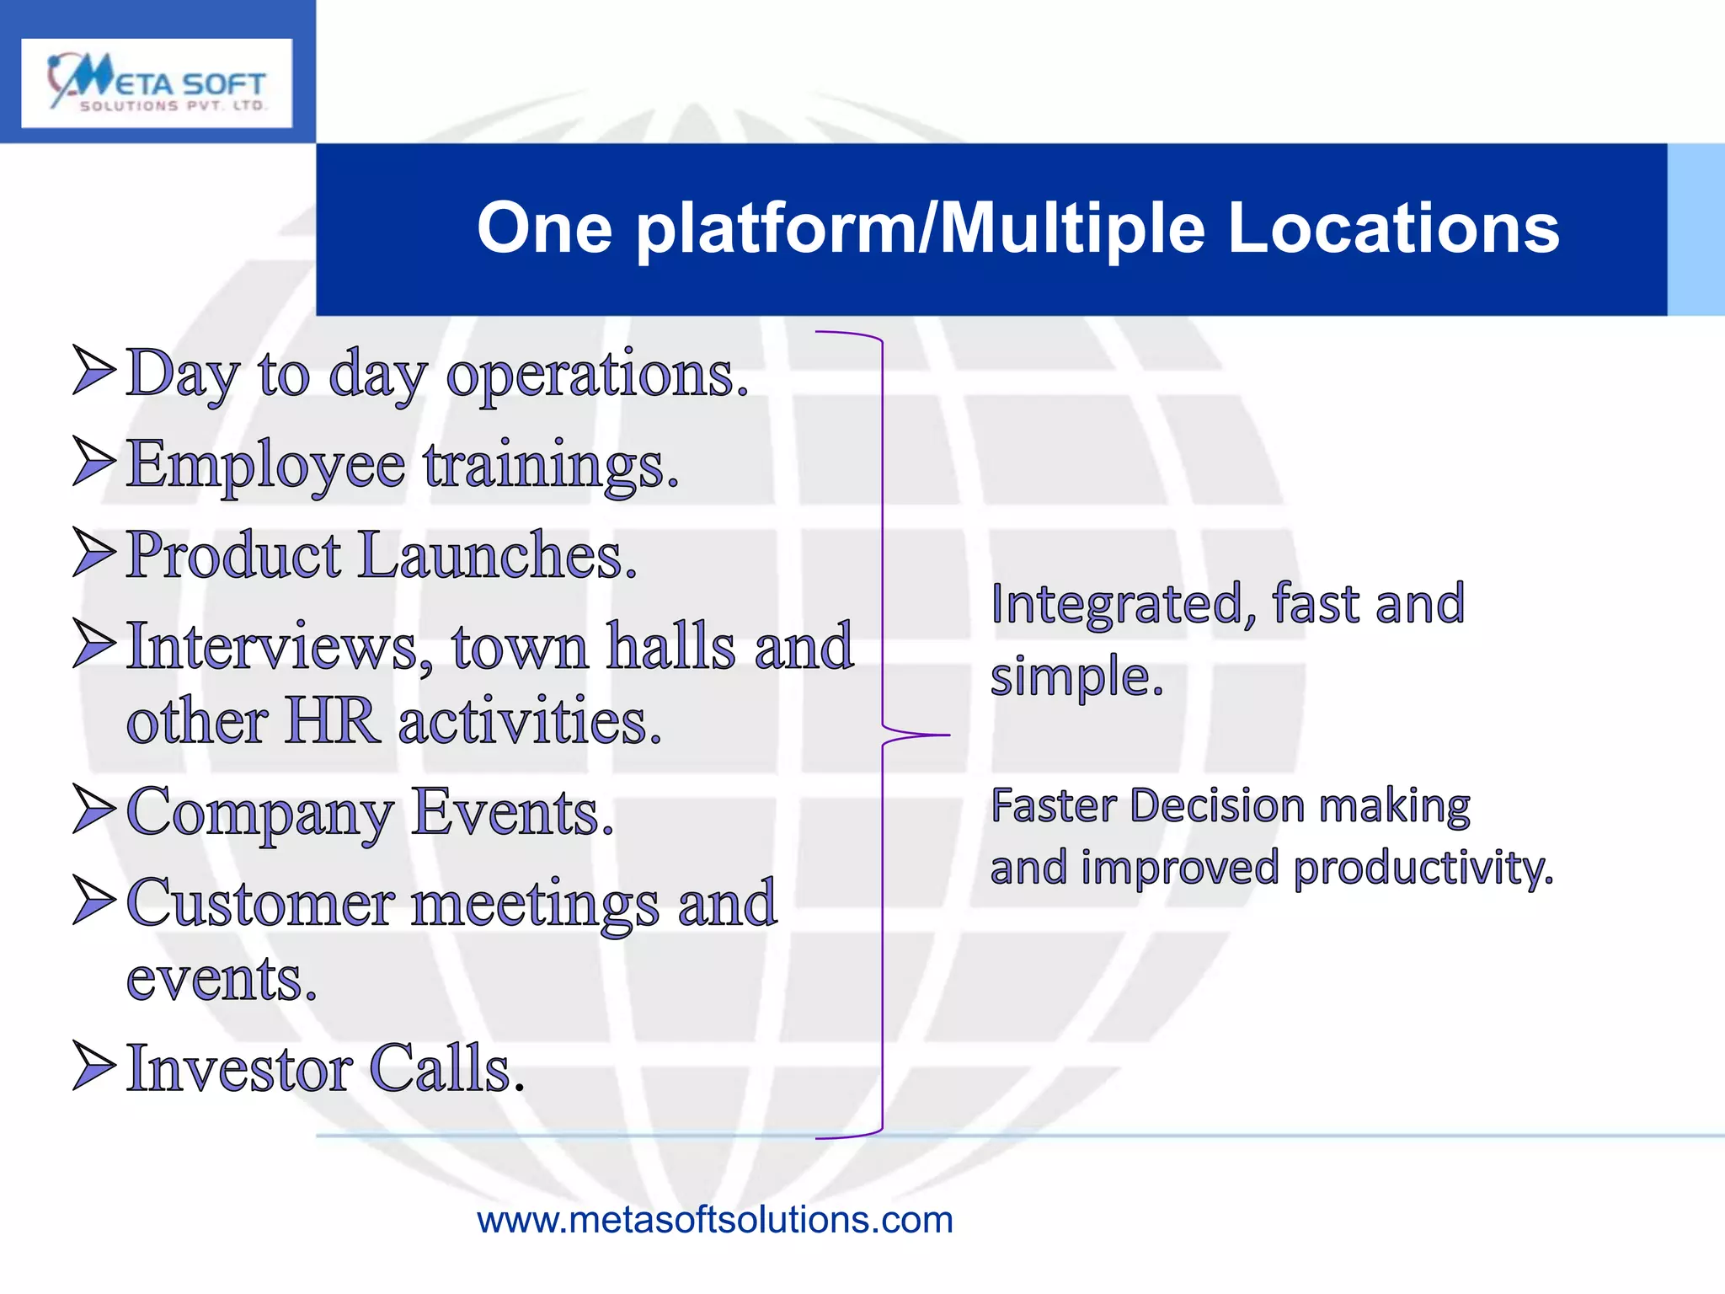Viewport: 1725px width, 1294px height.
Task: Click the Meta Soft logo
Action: [x=157, y=83]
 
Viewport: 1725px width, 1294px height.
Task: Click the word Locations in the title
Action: [x=1393, y=228]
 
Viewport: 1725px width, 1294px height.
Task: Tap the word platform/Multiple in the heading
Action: [x=921, y=228]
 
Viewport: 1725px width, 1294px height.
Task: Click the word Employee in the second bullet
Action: [x=266, y=464]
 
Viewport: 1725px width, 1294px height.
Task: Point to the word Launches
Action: [x=497, y=556]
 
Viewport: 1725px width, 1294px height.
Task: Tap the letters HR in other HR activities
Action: [x=332, y=721]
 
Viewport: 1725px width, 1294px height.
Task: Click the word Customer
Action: [x=260, y=903]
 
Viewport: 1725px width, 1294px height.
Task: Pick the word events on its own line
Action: [x=221, y=979]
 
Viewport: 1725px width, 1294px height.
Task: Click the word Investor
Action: [x=239, y=1068]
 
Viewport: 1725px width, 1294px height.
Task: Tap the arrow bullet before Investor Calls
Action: [x=93, y=1066]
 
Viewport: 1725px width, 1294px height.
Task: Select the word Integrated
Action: [x=1116, y=605]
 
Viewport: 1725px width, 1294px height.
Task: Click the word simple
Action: [x=1076, y=676]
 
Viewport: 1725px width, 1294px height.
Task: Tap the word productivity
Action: [x=1423, y=869]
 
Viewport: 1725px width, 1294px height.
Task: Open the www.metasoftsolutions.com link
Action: [x=714, y=1220]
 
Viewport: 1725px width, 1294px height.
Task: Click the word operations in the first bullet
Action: [x=596, y=374]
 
